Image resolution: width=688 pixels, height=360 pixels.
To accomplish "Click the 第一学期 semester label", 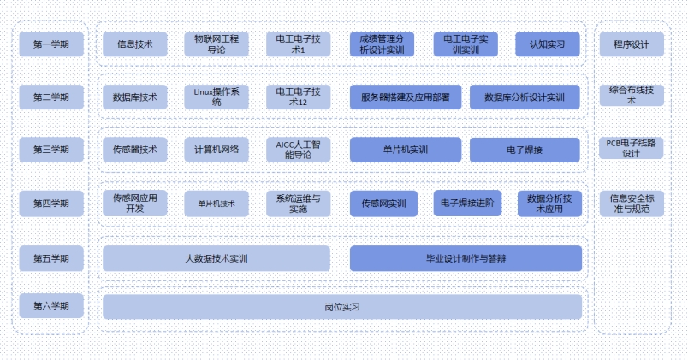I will [x=51, y=44].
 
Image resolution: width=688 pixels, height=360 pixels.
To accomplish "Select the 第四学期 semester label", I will [x=51, y=204].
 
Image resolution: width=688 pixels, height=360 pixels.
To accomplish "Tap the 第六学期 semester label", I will [x=51, y=305].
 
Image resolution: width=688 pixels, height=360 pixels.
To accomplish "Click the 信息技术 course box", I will [x=134, y=44].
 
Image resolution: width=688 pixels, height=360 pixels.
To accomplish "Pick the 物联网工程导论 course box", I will [x=216, y=44].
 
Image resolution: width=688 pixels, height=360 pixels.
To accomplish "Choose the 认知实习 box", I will [x=548, y=44].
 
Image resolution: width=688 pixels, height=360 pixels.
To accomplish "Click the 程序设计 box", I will [x=631, y=44].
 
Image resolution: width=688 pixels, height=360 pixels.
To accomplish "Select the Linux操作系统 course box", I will [x=216, y=97].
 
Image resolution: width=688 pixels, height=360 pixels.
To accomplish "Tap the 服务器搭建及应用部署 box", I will [x=405, y=97].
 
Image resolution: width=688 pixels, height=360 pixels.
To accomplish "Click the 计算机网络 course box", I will [x=216, y=150].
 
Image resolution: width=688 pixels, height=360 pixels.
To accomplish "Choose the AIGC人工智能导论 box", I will [x=297, y=150].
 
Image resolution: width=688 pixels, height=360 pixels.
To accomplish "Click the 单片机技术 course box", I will [x=216, y=204].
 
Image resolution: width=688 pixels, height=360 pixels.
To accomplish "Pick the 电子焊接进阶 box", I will [x=466, y=204].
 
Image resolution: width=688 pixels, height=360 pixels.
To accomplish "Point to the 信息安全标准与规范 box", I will [x=631, y=203].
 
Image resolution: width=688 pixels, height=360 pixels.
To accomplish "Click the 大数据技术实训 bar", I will [x=216, y=257].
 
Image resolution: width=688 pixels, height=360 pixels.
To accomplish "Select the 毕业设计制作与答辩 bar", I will [x=466, y=257].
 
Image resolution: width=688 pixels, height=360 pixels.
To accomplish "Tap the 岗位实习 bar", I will [x=341, y=306].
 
